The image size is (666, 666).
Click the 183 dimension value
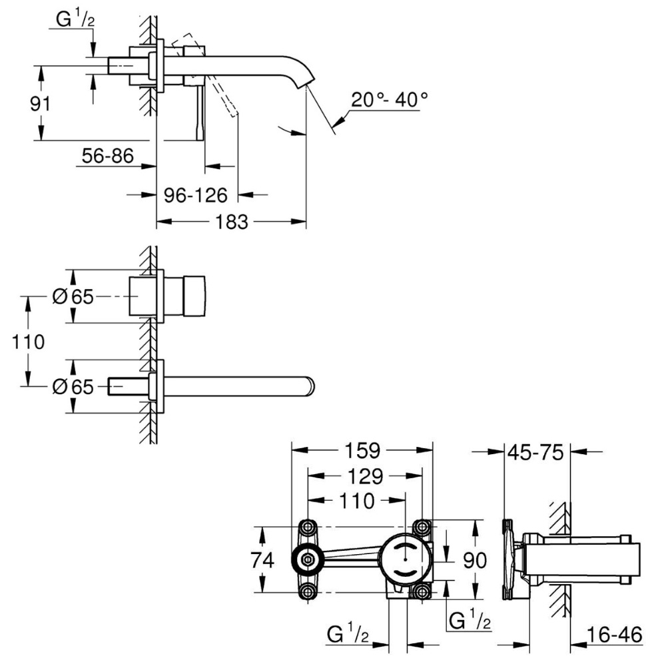232,221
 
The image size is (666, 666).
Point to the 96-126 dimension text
196,194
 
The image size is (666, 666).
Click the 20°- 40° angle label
389,100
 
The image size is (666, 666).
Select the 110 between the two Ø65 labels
27,342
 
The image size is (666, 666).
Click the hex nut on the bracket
308,559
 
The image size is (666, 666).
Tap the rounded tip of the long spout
312,386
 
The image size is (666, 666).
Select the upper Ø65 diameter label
73,297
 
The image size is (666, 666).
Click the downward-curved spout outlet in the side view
304,77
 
